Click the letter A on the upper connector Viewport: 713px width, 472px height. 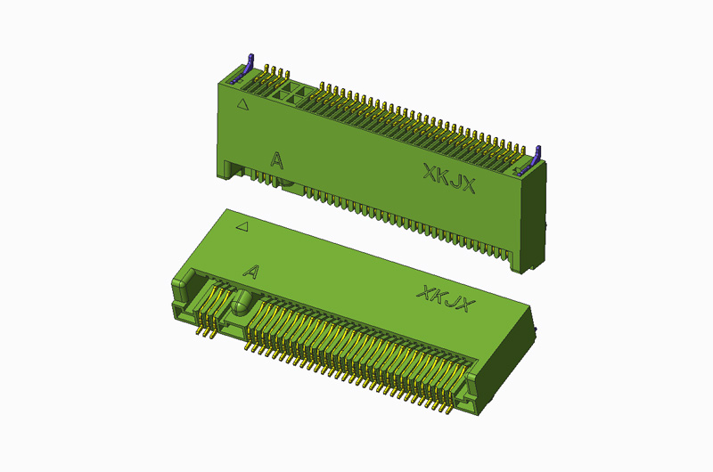coord(277,160)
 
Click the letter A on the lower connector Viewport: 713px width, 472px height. coord(250,272)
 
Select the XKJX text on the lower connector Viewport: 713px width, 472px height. coord(444,299)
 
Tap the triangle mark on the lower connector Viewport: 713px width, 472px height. coord(240,227)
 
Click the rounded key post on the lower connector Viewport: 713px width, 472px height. coord(242,302)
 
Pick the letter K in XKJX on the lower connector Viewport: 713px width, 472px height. coord(437,297)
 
